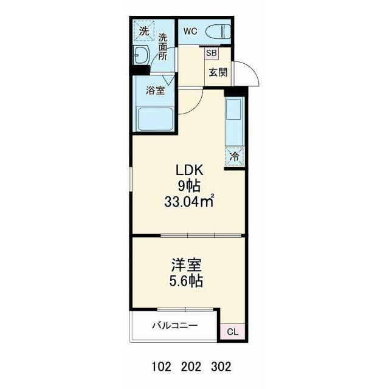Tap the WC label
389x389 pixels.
(190, 31)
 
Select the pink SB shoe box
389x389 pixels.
(212, 53)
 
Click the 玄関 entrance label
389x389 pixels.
(218, 72)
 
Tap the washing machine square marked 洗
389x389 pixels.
(144, 31)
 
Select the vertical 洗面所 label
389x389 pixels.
(163, 47)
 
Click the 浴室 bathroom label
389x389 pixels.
(156, 91)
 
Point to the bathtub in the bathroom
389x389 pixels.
(156, 119)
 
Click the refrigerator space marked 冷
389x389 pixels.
(235, 156)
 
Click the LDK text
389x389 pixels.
(190, 170)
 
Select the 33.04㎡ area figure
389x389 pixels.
(189, 202)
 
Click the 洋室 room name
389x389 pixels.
(187, 266)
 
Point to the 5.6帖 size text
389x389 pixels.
(186, 281)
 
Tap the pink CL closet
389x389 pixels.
(233, 332)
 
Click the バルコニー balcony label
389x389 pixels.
(175, 325)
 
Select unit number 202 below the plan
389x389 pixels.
(191, 366)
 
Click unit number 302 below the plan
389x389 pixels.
(221, 366)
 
